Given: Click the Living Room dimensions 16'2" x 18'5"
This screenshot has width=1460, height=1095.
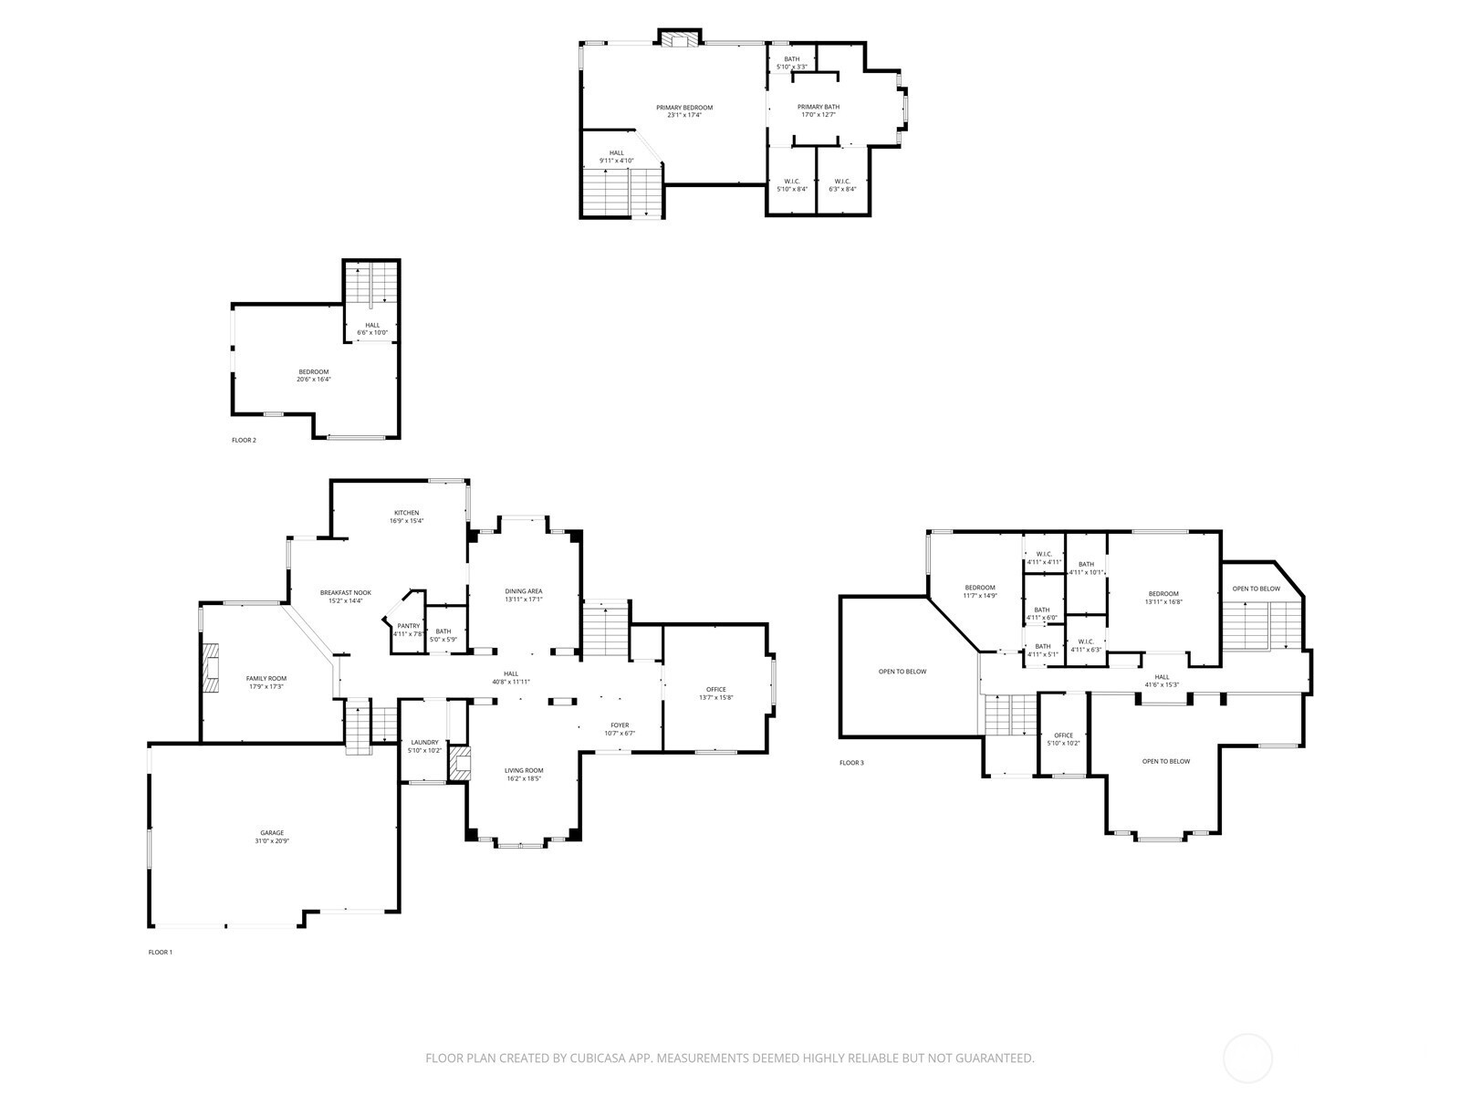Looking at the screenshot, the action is pyautogui.click(x=524, y=778).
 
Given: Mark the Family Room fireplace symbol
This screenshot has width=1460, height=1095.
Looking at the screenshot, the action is pyautogui.click(x=210, y=668).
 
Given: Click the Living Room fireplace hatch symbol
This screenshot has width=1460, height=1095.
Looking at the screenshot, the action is pyautogui.click(x=460, y=763).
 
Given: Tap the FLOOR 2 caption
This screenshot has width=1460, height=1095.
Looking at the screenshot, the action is pyautogui.click(x=244, y=440).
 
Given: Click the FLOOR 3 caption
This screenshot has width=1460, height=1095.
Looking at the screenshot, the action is pyautogui.click(x=851, y=763).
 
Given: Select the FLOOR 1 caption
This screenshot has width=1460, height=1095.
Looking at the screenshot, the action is pyautogui.click(x=161, y=952).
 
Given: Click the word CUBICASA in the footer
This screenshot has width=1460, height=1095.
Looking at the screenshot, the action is pyautogui.click(x=598, y=1058).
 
